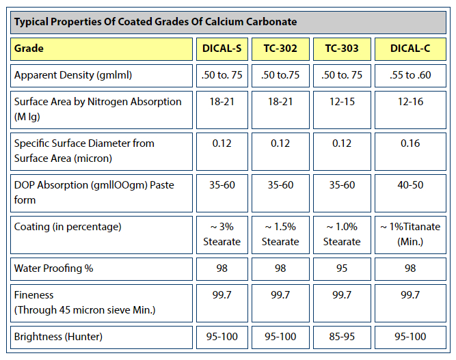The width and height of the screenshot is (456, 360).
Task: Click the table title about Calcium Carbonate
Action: click(156, 22)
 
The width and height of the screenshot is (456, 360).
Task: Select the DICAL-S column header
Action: click(222, 49)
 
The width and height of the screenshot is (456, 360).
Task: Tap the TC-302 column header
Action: click(280, 49)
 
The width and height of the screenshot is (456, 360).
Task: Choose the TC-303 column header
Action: click(341, 49)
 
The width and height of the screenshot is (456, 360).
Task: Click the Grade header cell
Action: click(29, 49)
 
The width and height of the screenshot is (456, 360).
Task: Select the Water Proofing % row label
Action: click(53, 268)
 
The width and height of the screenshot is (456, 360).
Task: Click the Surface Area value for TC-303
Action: click(341, 101)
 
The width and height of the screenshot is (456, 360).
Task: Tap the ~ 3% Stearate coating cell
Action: click(222, 234)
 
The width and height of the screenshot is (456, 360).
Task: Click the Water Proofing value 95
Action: click(341, 268)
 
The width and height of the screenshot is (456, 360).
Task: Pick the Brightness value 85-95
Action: click(341, 337)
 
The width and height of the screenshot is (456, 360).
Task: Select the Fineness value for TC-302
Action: click(280, 294)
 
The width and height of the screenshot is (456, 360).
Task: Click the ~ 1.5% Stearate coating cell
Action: click(280, 234)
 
